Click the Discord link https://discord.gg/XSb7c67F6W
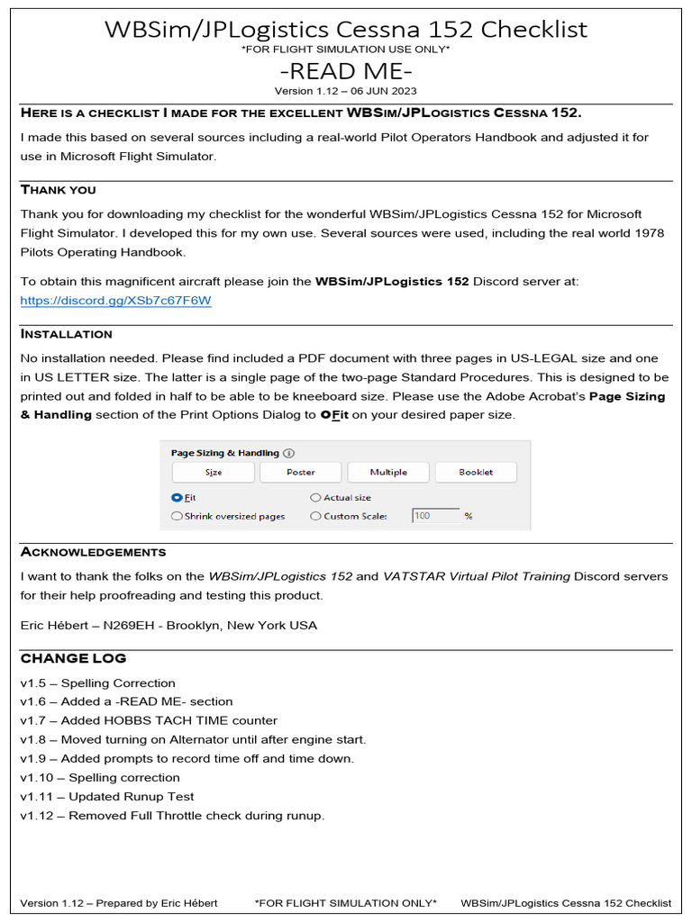pos(115,300)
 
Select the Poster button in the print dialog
pos(300,472)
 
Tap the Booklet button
pos(476,472)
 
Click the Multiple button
pos(388,472)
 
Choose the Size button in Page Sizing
pos(214,472)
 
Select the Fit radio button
pos(177,497)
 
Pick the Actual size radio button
pos(315,497)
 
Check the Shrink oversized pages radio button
pos(177,516)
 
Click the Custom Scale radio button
pos(315,516)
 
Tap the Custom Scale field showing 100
pos(433,516)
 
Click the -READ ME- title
pos(346,70)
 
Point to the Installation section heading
pos(67,334)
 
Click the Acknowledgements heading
pos(93,552)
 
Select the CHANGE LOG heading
pos(73,658)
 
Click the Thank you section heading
pos(58,190)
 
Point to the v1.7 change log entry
pos(149,720)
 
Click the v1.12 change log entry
pos(172,816)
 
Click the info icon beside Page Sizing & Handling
pos(288,454)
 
